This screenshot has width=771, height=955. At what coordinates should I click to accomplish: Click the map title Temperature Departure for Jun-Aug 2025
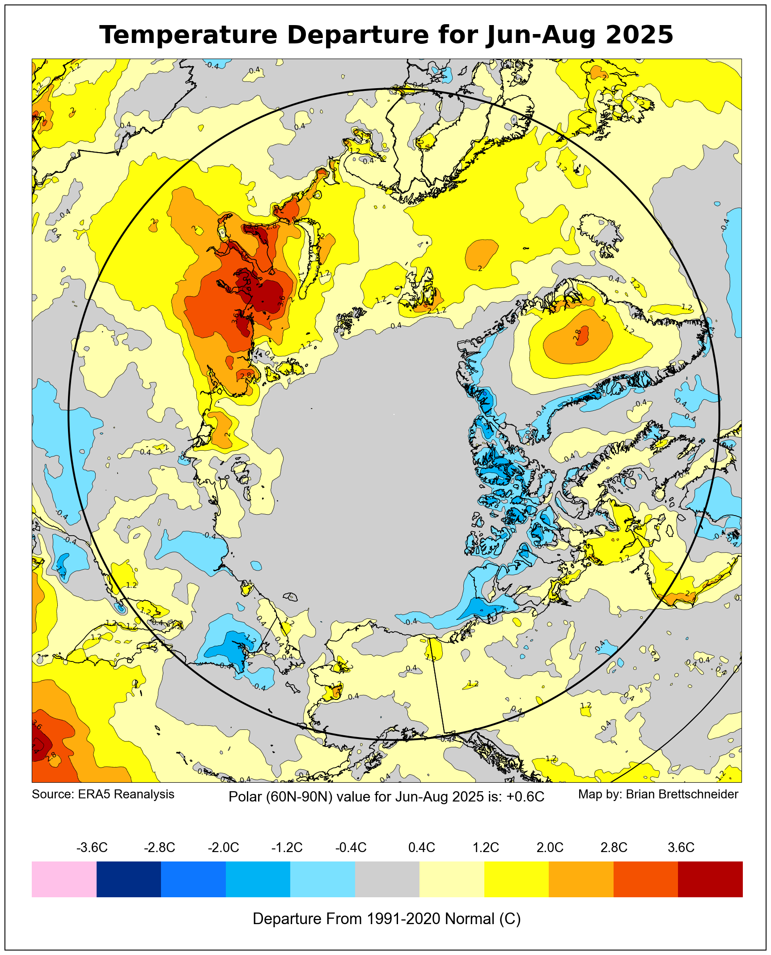click(x=386, y=35)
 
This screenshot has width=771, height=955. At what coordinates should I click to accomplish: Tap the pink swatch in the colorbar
click(x=64, y=879)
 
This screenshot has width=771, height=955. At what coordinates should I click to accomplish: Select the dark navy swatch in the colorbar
click(x=129, y=879)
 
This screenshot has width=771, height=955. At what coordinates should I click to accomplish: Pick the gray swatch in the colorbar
click(x=387, y=879)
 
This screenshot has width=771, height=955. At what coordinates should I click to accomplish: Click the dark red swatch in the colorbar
click(x=710, y=879)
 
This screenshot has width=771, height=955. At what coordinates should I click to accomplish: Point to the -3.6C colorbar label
click(x=92, y=848)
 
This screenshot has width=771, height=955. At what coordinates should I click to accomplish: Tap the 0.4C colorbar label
click(x=422, y=848)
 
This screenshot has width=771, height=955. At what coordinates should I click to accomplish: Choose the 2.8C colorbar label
click(x=614, y=848)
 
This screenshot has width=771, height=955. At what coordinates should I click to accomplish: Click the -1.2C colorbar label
click(x=287, y=848)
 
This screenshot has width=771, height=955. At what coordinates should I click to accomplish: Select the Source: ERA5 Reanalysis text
click(x=103, y=794)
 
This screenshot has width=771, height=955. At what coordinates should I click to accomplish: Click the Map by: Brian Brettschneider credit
click(x=658, y=794)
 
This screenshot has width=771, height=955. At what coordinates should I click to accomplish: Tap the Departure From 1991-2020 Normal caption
click(x=387, y=919)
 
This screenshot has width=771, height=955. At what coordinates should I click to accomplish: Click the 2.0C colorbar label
click(x=550, y=848)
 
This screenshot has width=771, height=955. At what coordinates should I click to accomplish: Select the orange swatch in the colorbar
click(x=581, y=879)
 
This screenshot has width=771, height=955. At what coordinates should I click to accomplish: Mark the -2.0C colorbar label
click(x=224, y=848)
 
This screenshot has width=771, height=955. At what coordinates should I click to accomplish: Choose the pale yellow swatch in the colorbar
click(x=452, y=879)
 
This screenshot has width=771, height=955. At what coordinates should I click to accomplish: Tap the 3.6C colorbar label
click(x=681, y=848)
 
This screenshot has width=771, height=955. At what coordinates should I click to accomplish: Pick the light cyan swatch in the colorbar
click(x=322, y=879)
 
